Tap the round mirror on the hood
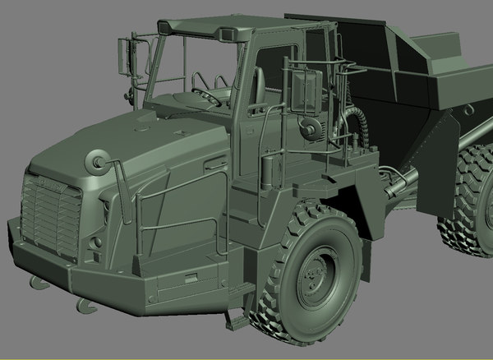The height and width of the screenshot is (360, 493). (96, 159)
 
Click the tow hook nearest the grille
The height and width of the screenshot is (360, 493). (38, 284)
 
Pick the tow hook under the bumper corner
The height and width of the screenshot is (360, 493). (85, 306)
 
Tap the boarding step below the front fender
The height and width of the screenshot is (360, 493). (240, 316)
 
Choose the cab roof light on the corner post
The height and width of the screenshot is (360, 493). (224, 34)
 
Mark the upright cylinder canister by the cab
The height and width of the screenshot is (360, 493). (265, 173)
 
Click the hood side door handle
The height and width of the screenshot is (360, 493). (215, 165)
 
